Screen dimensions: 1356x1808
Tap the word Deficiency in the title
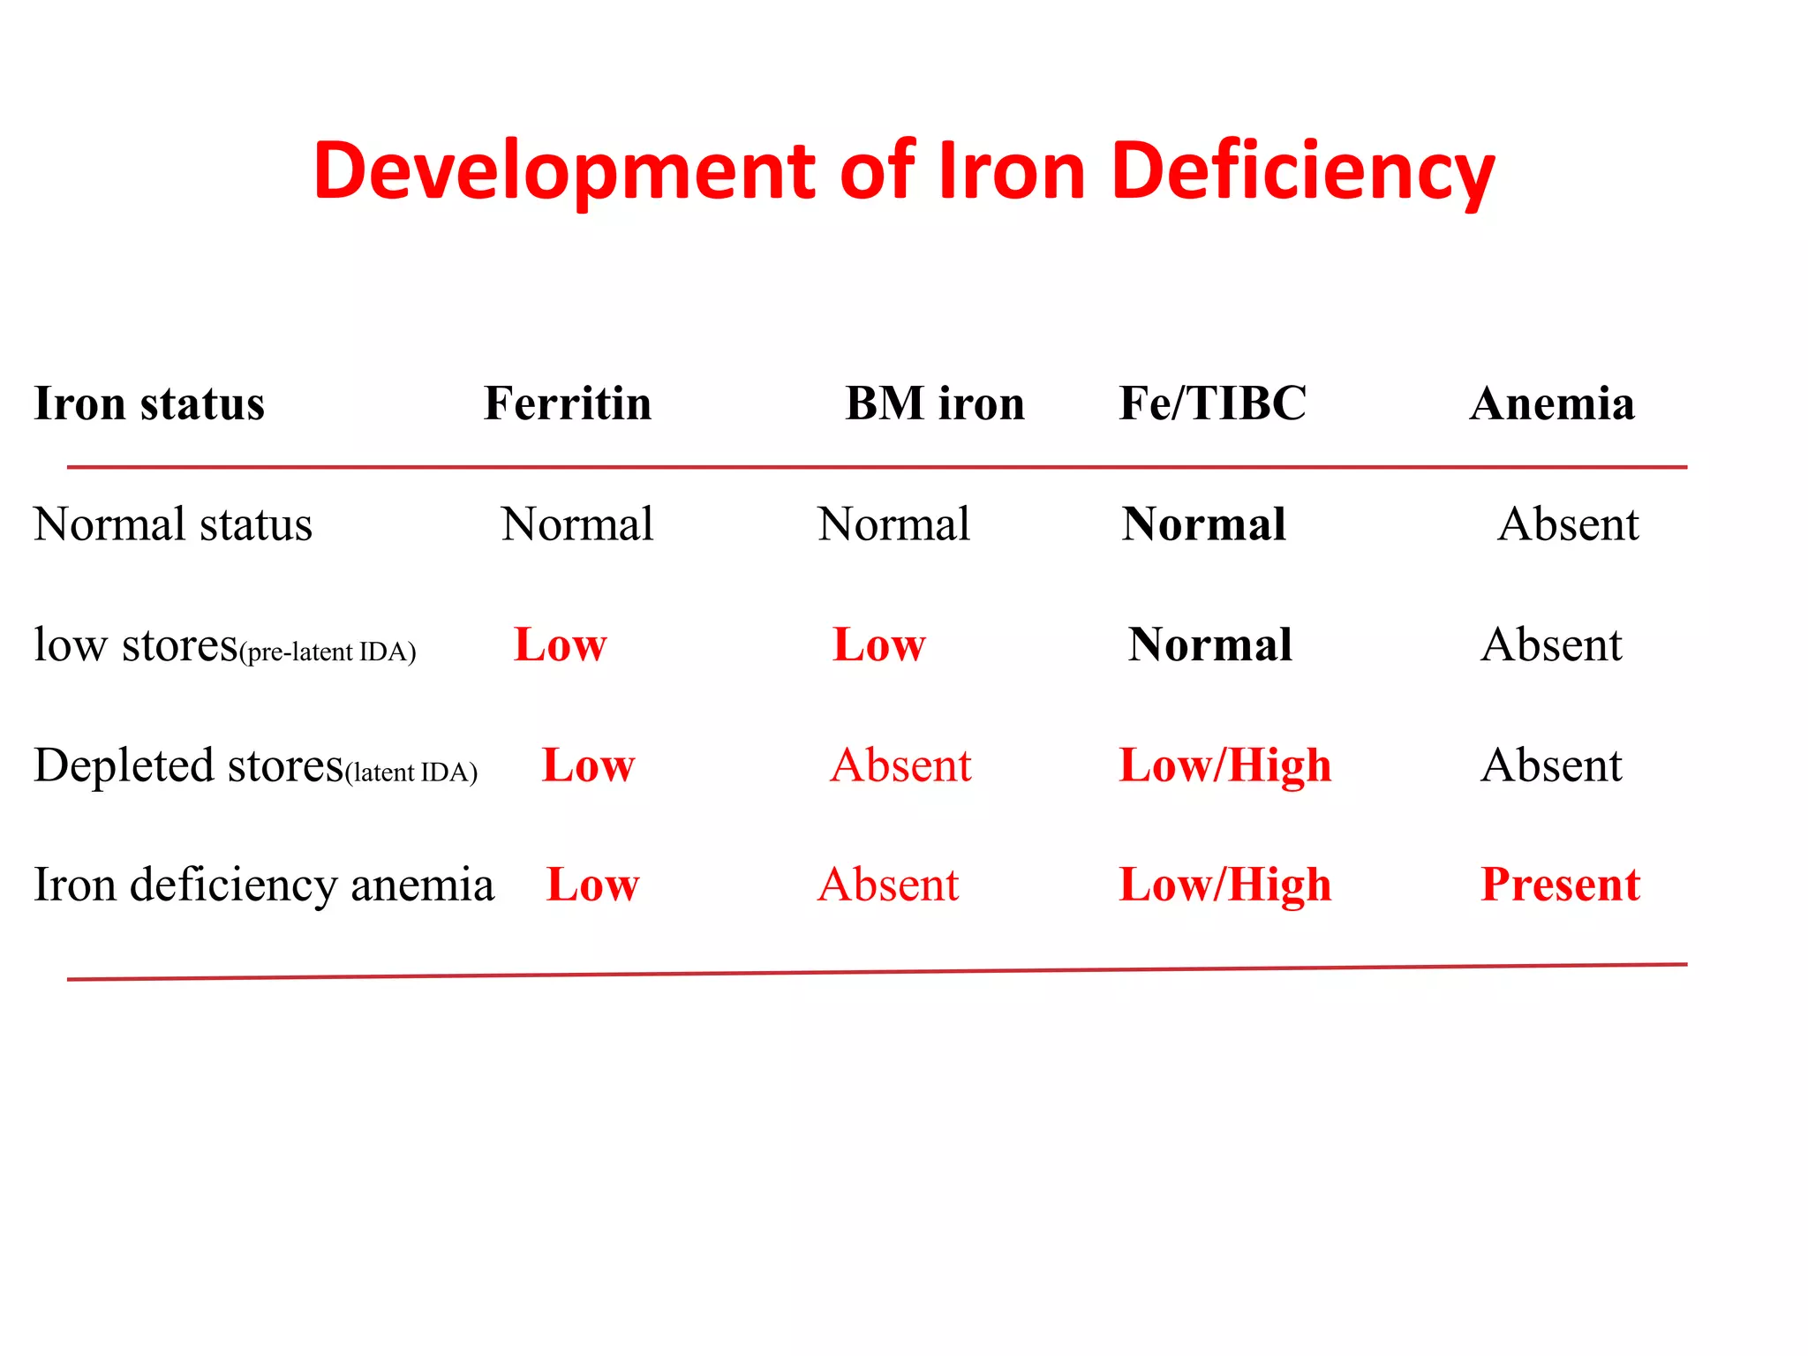1303,172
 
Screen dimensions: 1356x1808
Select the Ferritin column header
568,403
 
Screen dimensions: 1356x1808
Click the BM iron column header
935,403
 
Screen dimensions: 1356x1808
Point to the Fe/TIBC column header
1212,403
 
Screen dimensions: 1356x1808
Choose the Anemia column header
1552,403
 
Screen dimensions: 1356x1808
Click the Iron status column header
149,403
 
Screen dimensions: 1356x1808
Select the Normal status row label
173,524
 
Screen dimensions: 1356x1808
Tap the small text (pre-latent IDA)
328,652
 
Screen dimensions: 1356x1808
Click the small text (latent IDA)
411,772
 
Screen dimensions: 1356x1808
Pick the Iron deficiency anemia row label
263,885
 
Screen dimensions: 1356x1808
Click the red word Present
1560,885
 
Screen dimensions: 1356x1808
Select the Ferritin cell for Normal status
577,524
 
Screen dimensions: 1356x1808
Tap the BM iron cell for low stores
878,644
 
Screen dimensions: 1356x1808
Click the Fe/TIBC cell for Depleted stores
1224,765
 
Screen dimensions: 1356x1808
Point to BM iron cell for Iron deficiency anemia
888,885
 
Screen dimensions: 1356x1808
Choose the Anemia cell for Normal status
1568,524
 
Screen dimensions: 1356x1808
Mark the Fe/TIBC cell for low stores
1209,644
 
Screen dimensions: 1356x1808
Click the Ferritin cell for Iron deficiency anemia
592,885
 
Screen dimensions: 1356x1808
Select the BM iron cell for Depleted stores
900,765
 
